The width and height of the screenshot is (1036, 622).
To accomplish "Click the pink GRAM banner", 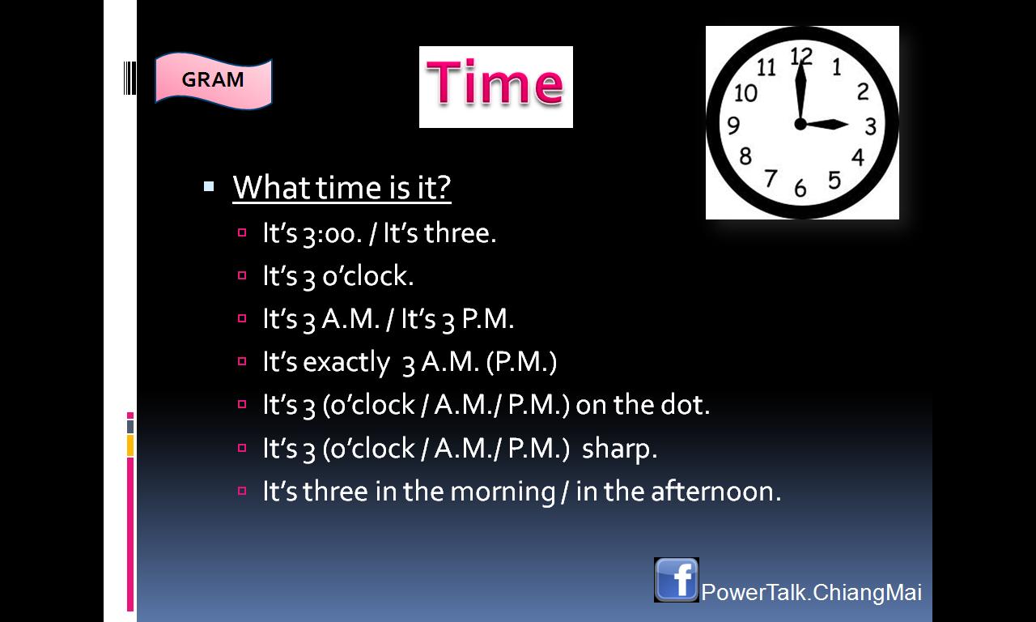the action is pyautogui.click(x=213, y=80).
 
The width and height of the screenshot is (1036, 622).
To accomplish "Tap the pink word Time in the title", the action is pyautogui.click(x=495, y=83).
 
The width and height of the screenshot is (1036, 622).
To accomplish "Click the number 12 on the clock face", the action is pyautogui.click(x=801, y=57).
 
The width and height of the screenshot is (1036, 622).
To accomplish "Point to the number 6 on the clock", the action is pyautogui.click(x=800, y=189).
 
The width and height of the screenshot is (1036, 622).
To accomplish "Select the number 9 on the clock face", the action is pyautogui.click(x=733, y=125).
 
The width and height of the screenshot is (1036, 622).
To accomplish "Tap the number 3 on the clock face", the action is pyautogui.click(x=870, y=126).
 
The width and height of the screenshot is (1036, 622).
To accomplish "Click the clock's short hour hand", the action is pyautogui.click(x=824, y=124).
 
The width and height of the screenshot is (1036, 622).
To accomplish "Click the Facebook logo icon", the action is pyautogui.click(x=676, y=580).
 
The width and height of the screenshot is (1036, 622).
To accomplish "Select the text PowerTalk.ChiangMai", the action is pyautogui.click(x=812, y=592).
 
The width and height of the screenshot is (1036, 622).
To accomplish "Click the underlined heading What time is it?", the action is pyautogui.click(x=342, y=187).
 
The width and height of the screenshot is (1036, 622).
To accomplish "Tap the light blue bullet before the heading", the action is pyautogui.click(x=209, y=186).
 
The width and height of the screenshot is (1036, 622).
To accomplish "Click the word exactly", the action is pyautogui.click(x=347, y=362).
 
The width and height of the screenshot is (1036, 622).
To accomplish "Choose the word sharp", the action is pyautogui.click(x=619, y=449).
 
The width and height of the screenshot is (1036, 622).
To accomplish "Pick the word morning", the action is pyautogui.click(x=503, y=492).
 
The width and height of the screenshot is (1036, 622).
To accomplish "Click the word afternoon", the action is pyautogui.click(x=716, y=491).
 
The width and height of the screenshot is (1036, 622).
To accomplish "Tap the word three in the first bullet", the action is pyautogui.click(x=461, y=232).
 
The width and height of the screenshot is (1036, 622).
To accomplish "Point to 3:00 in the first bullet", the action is pyautogui.click(x=332, y=234).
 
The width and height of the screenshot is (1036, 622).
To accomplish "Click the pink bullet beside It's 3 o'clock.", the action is pyautogui.click(x=242, y=275).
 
